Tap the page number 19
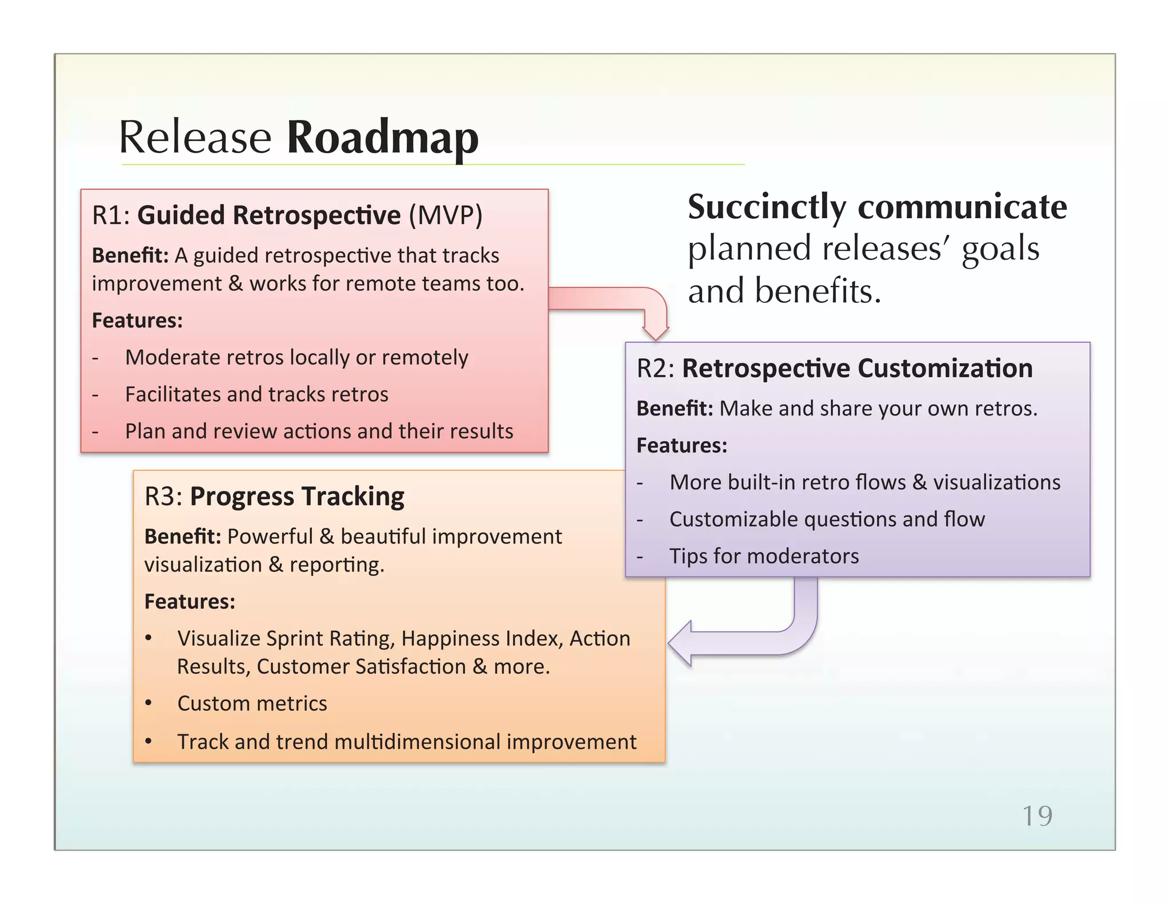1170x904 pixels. [1036, 815]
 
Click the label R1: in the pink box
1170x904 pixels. [111, 215]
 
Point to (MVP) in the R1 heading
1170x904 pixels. [445, 215]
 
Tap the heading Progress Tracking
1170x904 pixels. [296, 496]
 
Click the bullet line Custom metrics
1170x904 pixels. [252, 703]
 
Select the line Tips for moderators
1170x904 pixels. [764, 556]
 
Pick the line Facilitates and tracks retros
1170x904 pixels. [257, 394]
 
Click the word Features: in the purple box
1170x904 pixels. [682, 445]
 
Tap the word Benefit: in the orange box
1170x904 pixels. [182, 537]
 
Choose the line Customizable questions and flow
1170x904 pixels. [827, 519]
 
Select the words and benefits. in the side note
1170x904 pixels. [784, 290]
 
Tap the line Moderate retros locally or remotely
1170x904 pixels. [296, 357]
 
